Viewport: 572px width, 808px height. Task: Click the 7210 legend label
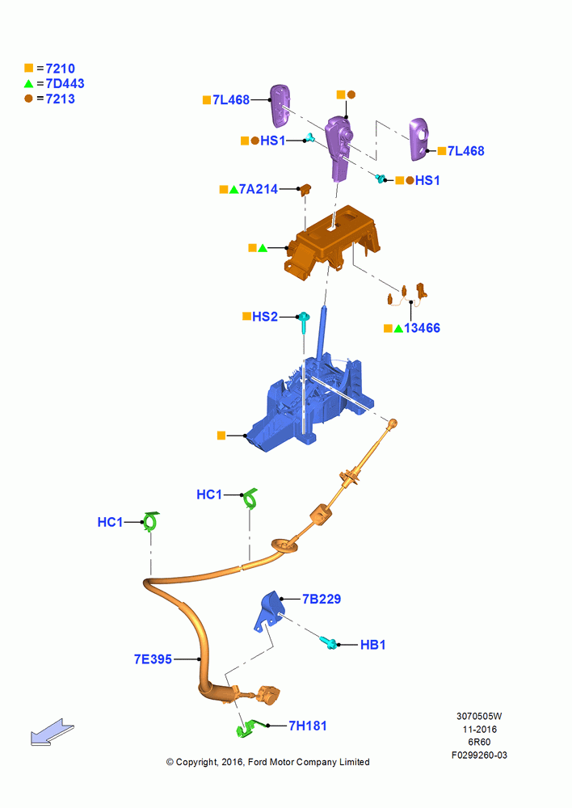click(61, 69)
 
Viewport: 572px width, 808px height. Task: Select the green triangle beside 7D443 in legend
click(28, 83)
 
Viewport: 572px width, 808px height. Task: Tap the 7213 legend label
click(61, 99)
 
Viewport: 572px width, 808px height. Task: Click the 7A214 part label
click(259, 190)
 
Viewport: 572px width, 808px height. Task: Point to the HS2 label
click(265, 317)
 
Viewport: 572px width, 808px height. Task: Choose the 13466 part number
click(422, 328)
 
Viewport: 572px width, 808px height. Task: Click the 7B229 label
click(322, 599)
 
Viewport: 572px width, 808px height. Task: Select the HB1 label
click(372, 645)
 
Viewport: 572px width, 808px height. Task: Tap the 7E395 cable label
click(153, 659)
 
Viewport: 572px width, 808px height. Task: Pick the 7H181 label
click(308, 726)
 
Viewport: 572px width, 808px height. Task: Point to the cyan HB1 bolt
click(329, 642)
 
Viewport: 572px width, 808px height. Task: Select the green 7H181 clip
click(249, 728)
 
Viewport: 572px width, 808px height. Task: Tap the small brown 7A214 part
click(306, 190)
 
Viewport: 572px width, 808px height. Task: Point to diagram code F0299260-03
click(479, 755)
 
